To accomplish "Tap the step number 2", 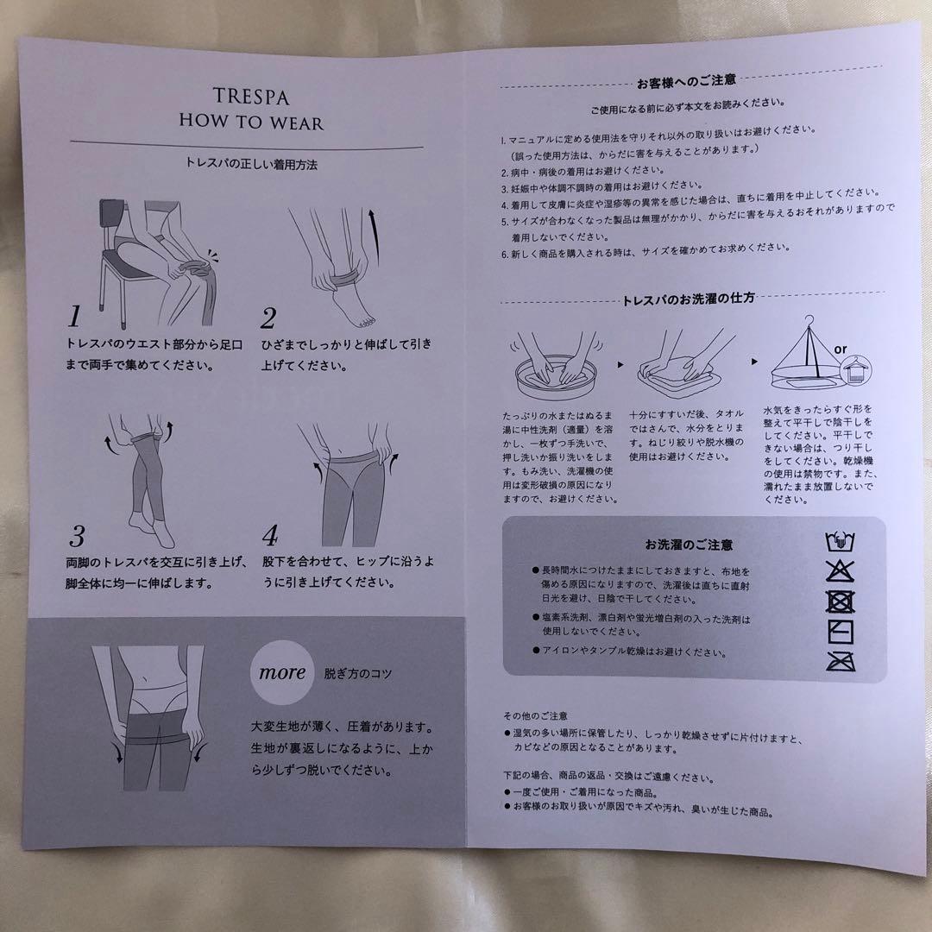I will pyautogui.click(x=268, y=318).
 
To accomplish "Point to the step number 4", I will pyautogui.click(x=270, y=537).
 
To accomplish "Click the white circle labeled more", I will pyautogui.click(x=282, y=672).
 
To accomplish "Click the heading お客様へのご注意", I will pyautogui.click(x=686, y=81).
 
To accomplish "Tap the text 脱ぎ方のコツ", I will pyautogui.click(x=357, y=673).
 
